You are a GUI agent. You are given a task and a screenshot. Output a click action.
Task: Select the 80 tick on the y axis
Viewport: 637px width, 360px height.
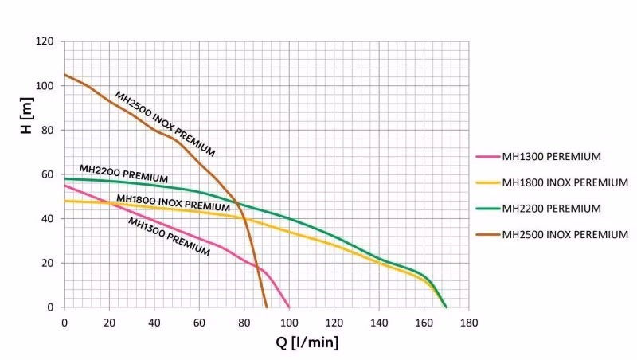point(48,130)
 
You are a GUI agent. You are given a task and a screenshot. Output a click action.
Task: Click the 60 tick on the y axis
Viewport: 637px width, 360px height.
point(48,174)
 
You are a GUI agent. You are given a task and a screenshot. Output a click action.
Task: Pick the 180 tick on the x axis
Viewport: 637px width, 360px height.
point(469,323)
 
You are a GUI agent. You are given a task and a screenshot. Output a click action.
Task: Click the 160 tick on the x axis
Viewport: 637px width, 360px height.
point(424,323)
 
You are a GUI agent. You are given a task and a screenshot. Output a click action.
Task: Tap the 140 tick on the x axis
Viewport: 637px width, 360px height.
point(379,323)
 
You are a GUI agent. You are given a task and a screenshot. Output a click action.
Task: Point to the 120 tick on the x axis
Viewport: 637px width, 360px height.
point(334,323)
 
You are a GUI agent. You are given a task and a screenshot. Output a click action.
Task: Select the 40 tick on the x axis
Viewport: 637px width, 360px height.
point(154,323)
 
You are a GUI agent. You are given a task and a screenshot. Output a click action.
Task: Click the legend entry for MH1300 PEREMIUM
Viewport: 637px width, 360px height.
point(550,157)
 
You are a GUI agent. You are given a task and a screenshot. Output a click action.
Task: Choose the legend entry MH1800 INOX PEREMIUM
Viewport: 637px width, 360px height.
point(565,182)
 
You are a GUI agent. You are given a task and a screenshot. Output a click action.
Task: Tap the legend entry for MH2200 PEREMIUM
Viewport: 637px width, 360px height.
point(550,208)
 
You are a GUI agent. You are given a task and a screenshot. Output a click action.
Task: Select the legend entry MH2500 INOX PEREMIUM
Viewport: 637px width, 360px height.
point(565,234)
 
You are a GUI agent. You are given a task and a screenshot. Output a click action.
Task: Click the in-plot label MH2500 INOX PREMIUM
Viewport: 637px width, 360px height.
point(165,123)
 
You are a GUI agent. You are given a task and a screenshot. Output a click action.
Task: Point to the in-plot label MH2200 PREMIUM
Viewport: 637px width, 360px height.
point(123,173)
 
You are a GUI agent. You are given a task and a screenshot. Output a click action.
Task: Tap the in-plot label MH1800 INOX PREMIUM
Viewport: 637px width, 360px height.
point(173,203)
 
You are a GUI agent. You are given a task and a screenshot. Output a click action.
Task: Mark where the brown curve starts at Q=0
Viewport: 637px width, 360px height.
point(64,75)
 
